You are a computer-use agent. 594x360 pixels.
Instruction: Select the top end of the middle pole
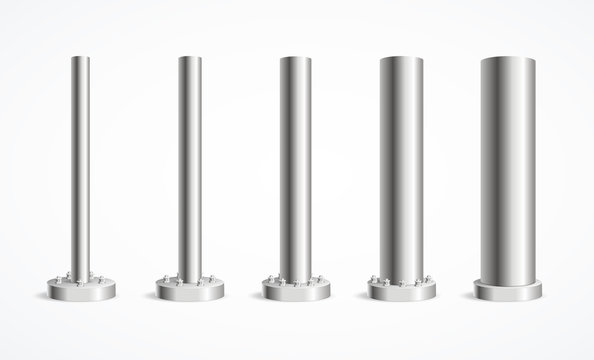point(294,58)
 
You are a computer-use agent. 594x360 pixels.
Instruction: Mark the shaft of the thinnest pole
point(80,170)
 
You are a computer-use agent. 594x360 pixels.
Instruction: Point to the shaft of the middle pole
point(294,170)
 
